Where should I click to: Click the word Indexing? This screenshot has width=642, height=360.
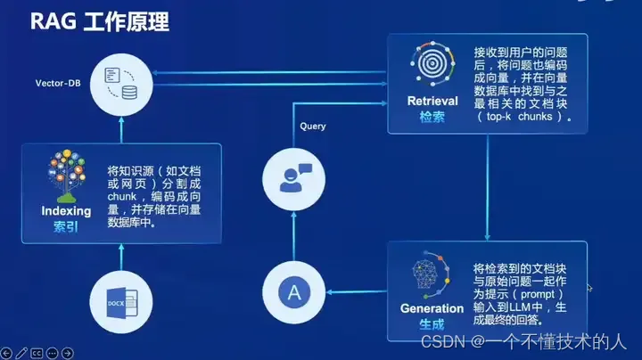(x=67, y=211)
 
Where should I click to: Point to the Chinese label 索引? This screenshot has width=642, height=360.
(x=67, y=227)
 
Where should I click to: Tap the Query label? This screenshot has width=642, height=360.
(x=313, y=127)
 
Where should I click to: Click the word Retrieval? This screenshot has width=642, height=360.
(x=432, y=101)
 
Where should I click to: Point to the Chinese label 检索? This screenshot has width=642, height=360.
(x=432, y=117)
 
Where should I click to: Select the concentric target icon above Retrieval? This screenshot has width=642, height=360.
(x=432, y=65)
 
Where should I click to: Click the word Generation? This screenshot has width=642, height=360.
(x=432, y=308)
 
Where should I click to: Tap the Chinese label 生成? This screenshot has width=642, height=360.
(x=432, y=325)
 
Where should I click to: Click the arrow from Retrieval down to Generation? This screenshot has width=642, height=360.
(x=486, y=187)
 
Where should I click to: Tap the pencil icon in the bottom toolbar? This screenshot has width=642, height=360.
(x=21, y=353)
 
